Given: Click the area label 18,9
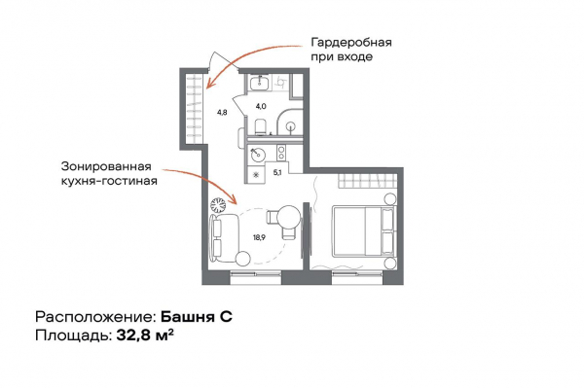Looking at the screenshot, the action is click(x=259, y=237).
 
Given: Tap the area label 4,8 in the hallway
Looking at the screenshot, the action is click(x=222, y=112).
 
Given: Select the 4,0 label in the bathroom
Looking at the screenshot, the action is click(x=261, y=106).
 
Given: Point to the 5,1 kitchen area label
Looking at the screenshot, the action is click(x=276, y=173).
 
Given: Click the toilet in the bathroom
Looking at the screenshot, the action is click(x=260, y=127).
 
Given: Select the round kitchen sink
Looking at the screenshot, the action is click(x=257, y=156).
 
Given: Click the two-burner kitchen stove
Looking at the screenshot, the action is click(x=281, y=153).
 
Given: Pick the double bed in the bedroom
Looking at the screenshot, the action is click(x=363, y=231).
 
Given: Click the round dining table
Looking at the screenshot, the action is click(x=289, y=218).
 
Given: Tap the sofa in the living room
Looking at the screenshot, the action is click(x=223, y=236).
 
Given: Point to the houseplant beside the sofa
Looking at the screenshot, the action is click(x=218, y=205).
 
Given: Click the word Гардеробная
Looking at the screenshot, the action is click(x=351, y=43).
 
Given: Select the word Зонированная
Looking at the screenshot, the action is click(x=106, y=166).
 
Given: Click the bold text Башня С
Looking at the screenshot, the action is click(x=197, y=317).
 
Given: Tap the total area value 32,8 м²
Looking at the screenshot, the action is click(x=145, y=335).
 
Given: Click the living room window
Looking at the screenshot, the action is click(x=255, y=274).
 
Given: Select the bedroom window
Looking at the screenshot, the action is click(x=357, y=274).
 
